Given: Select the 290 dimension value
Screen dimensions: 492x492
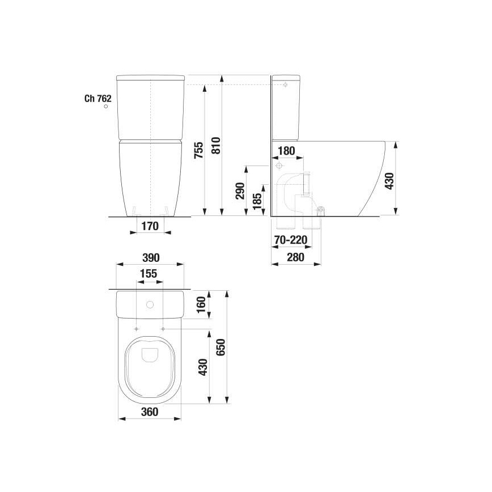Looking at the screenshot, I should click(239, 191).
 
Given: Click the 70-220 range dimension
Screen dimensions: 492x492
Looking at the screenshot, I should click(290, 240).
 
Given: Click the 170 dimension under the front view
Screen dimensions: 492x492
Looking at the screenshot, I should click(150, 227).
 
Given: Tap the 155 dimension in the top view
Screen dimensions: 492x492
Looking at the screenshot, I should click(149, 273).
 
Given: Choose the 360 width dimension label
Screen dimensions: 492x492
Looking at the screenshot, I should click(149, 412).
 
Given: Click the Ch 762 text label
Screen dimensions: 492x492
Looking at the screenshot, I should click(97, 98).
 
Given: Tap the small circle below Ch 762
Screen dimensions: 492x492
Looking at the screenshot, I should click(105, 107).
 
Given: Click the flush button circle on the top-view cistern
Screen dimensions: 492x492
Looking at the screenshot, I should click(150, 305).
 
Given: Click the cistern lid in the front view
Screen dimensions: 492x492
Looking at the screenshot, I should click(150, 78).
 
